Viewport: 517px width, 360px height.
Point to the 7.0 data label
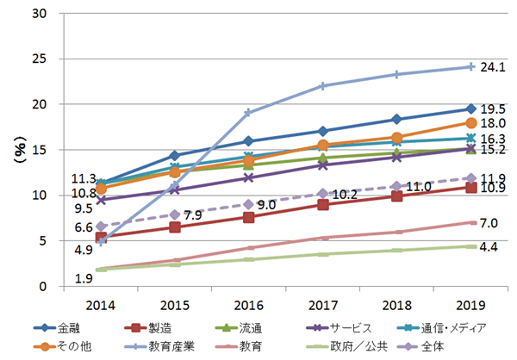489,224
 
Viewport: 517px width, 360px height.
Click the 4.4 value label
489,248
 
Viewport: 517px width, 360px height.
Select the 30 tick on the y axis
40,14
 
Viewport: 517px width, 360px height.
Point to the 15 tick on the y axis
40,150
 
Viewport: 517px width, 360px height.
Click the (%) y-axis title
19,150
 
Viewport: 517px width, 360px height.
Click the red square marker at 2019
470,187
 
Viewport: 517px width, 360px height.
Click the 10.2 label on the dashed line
345,195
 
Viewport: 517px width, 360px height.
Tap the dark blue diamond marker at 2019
470,109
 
